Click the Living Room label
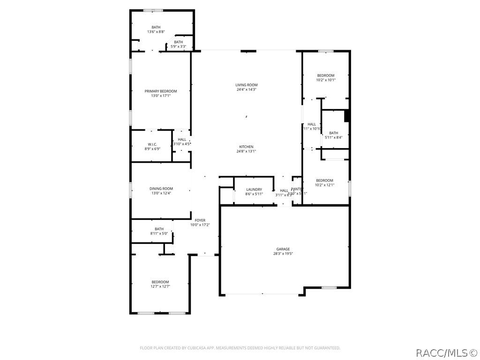[246, 85]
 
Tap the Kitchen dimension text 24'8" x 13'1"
[246, 151]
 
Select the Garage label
[283, 249]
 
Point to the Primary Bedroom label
[161, 91]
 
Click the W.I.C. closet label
[152, 144]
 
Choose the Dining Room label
[161, 188]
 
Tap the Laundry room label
[254, 189]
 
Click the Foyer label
[200, 220]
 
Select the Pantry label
[297, 189]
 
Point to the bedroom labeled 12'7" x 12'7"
[160, 282]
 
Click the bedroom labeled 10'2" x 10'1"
[325, 75]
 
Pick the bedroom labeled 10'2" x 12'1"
[324, 180]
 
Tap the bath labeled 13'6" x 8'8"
[156, 27]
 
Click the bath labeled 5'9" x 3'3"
[178, 42]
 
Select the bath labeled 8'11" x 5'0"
[159, 229]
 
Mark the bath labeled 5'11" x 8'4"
[333, 133]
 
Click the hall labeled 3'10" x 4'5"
[182, 139]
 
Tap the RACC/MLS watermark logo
[447, 352]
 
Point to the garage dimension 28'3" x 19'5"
[283, 254]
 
